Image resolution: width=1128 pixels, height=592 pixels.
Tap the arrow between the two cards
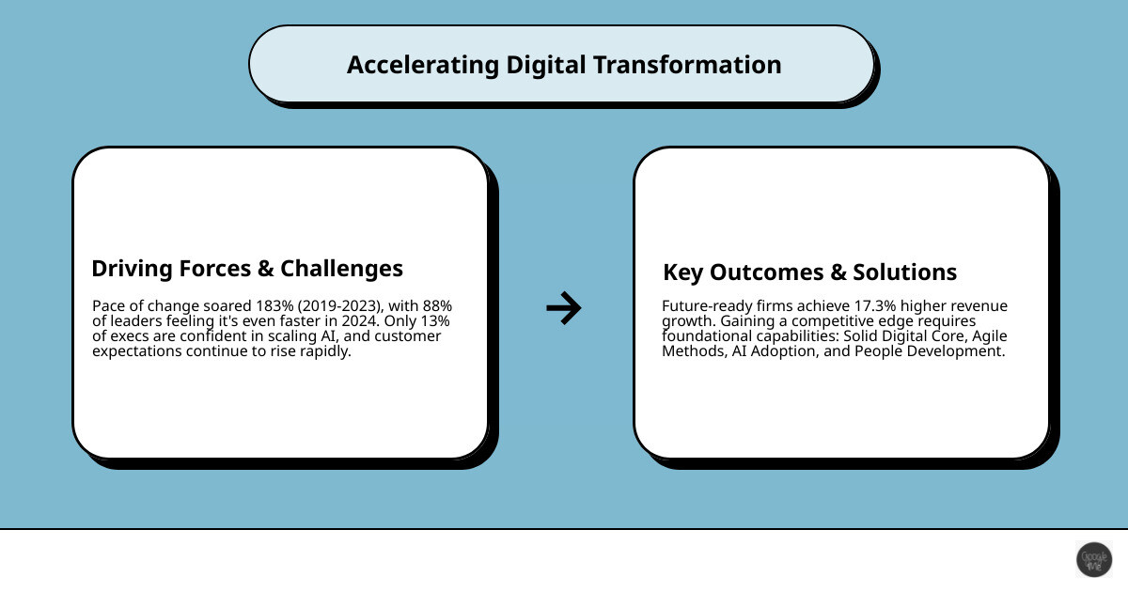click(563, 307)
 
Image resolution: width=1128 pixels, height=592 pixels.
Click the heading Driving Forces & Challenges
click(247, 269)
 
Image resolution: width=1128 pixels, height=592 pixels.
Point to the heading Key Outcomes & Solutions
click(809, 273)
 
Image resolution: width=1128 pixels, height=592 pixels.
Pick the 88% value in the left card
click(437, 306)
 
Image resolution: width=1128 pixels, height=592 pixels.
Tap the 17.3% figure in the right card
click(869, 306)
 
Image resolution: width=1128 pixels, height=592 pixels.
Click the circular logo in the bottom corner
click(1093, 559)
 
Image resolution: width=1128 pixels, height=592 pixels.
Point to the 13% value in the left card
click(435, 321)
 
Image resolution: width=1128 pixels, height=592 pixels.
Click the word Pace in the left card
click(108, 306)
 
